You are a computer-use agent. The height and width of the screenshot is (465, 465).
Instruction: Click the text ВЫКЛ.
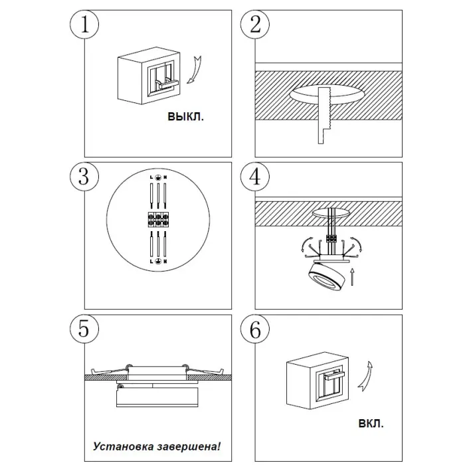pyautogui.click(x=186, y=117)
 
